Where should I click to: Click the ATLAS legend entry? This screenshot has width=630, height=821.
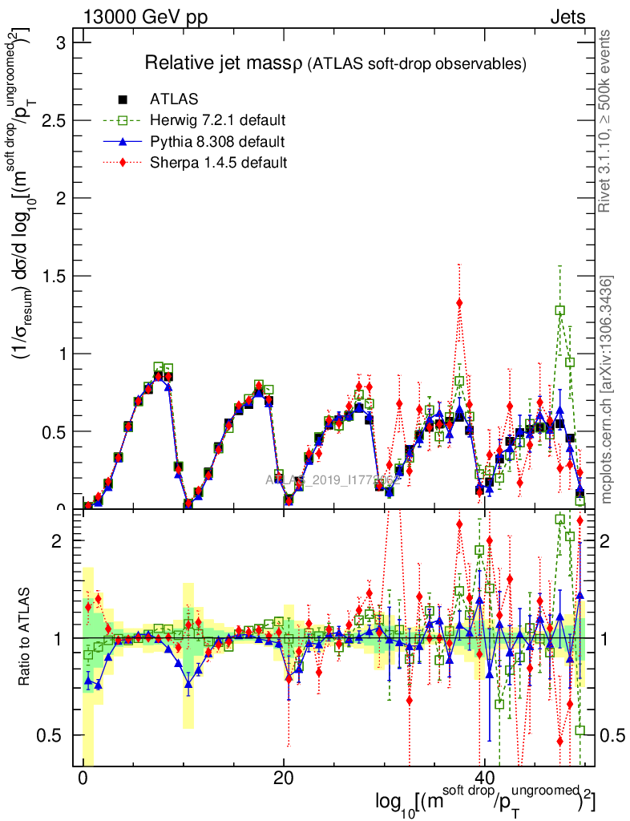click(174, 100)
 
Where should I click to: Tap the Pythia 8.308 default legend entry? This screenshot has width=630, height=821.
click(217, 142)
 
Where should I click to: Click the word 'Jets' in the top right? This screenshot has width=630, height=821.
click(567, 18)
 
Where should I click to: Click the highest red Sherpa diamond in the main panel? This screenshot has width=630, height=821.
click(459, 302)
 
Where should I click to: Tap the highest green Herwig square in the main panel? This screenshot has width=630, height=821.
click(560, 310)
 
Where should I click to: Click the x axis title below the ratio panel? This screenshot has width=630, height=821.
click(484, 802)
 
